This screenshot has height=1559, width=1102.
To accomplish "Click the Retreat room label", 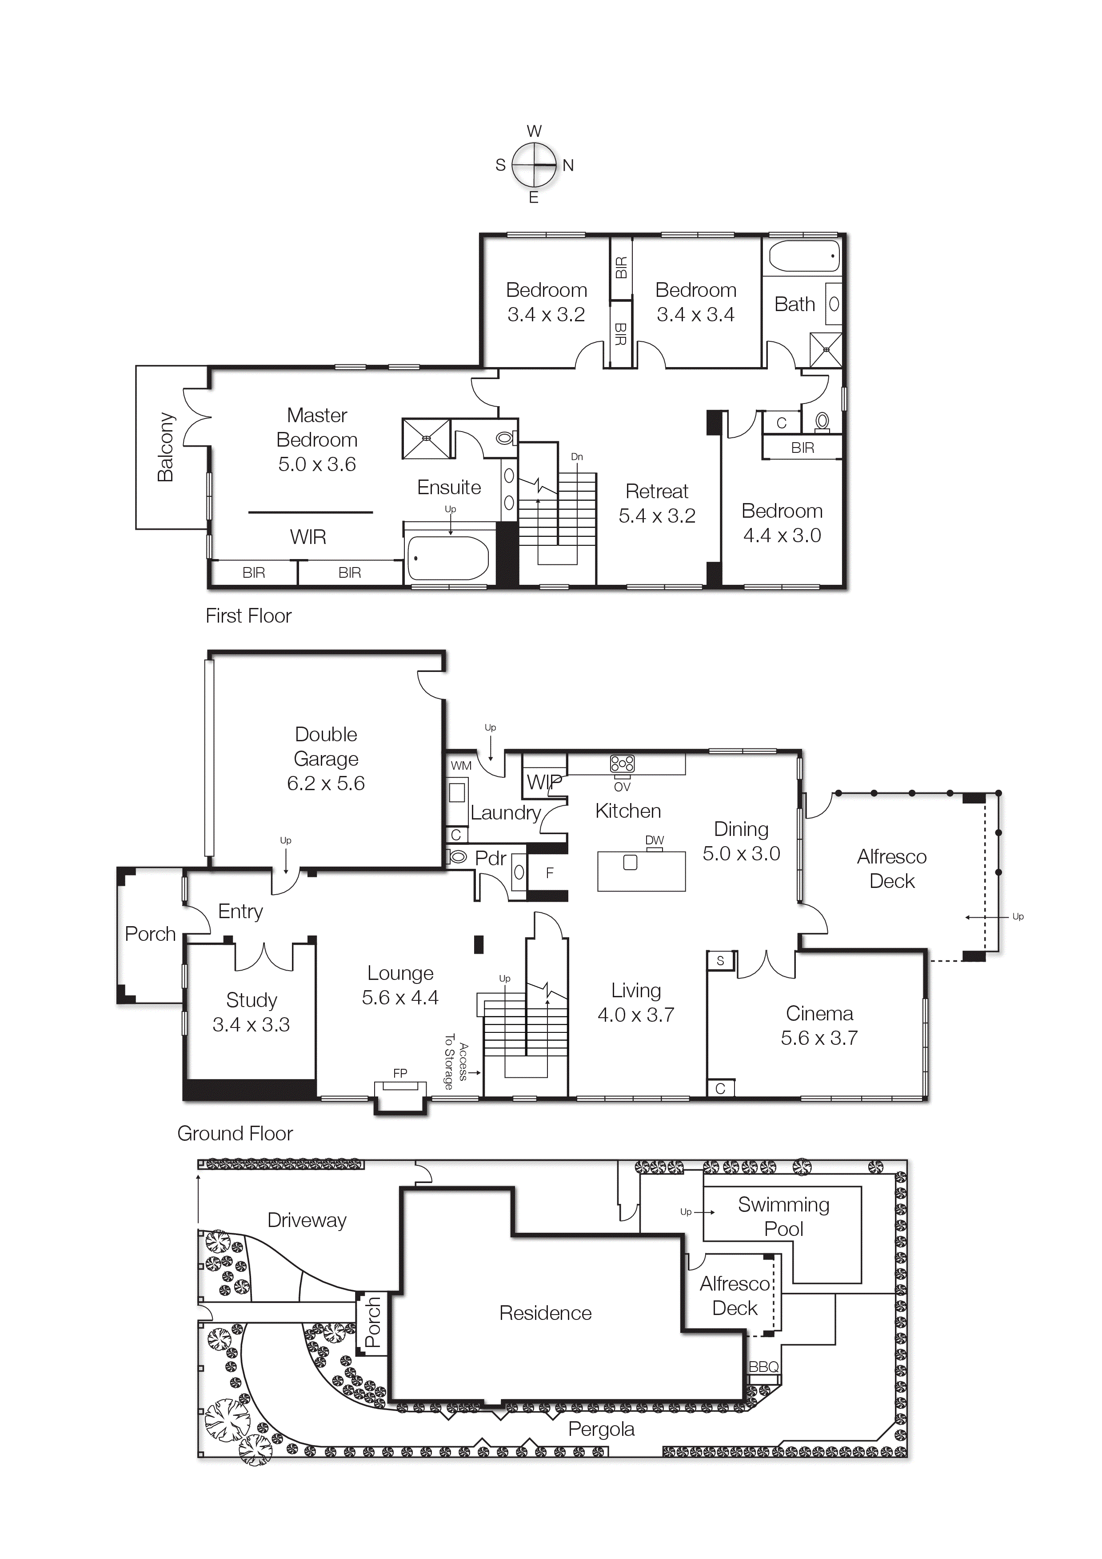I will point(657,491).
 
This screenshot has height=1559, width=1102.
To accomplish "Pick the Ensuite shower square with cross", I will point(427,439).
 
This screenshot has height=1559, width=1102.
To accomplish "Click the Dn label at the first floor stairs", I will point(576,457).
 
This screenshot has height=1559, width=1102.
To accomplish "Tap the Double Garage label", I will point(326,746).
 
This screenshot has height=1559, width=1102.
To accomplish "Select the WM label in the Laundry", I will point(461,766).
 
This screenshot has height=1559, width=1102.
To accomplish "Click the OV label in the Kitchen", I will point(622,787).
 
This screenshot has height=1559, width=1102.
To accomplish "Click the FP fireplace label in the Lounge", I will point(400,1074).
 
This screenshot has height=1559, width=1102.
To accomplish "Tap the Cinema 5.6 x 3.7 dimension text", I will point(819,1038).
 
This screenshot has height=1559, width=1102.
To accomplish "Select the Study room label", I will point(251,1000).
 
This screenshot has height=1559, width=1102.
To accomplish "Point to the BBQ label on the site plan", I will point(763,1367).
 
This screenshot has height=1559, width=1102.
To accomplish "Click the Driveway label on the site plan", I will point(307,1220).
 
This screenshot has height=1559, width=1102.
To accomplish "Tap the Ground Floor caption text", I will point(235,1133).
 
